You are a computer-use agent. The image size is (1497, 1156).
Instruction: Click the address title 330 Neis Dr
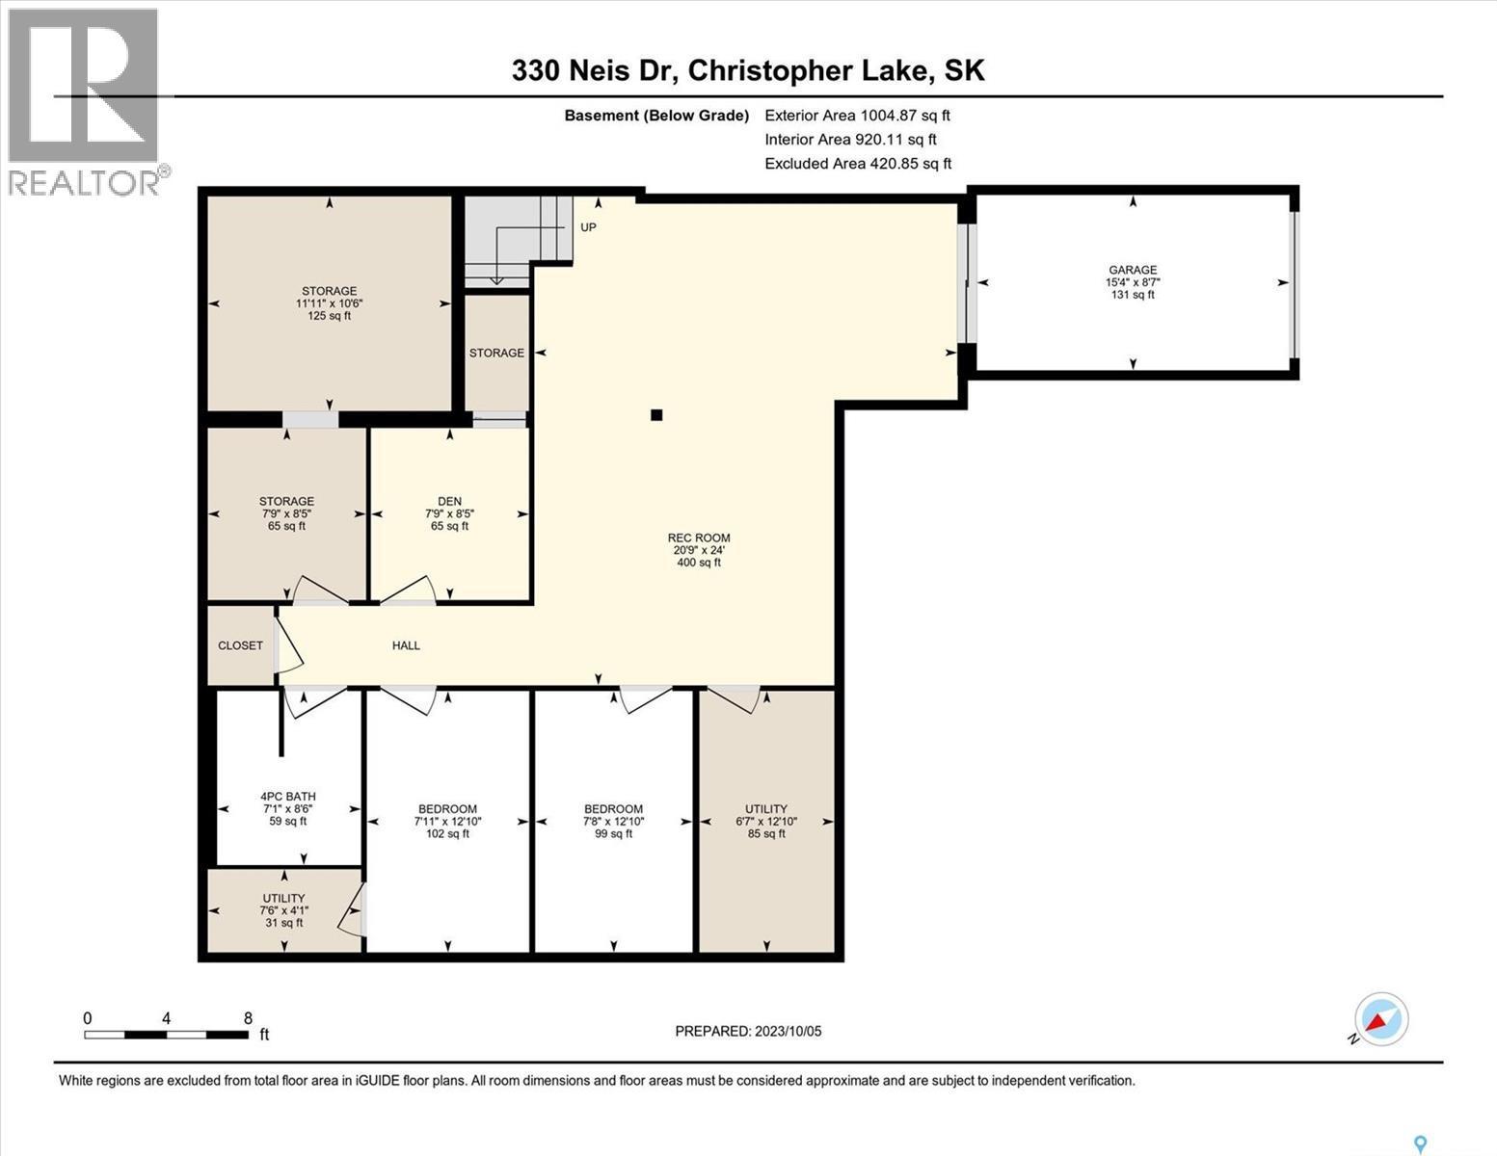[748, 70]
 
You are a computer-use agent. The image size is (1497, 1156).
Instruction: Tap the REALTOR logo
[85, 101]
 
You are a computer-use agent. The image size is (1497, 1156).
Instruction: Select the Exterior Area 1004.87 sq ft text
[857, 115]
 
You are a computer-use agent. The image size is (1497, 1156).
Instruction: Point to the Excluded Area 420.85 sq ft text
[858, 164]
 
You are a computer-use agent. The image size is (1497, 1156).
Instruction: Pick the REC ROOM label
[699, 550]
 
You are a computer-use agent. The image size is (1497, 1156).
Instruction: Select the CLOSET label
[240, 645]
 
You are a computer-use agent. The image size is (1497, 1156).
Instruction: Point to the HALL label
[406, 645]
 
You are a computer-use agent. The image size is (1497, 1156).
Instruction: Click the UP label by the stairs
[588, 227]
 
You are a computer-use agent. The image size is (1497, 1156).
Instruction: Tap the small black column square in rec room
[656, 415]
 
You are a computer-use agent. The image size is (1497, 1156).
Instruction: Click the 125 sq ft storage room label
[329, 302]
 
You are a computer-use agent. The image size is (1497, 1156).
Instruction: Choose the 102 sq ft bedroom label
[447, 821]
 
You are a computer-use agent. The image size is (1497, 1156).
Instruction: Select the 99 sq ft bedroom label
[613, 821]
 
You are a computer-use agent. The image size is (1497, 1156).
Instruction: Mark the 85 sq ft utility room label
[766, 821]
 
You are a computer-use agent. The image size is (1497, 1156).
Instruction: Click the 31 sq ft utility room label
[283, 910]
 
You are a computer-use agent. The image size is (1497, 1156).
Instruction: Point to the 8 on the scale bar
[248, 1018]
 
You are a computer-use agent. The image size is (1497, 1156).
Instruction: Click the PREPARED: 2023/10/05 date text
[748, 1031]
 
